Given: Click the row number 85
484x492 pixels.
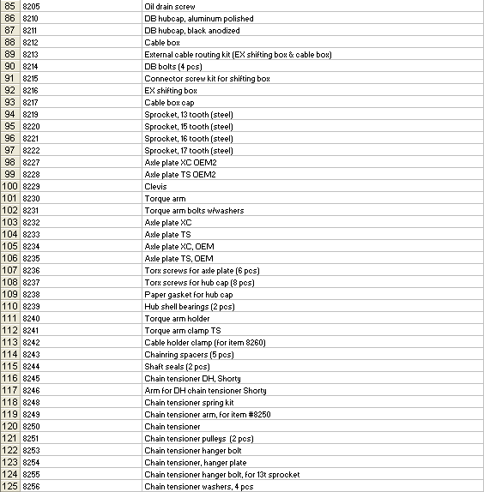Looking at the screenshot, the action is click(10, 6).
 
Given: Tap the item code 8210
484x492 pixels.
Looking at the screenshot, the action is click(31, 18).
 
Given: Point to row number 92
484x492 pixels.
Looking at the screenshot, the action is click(10, 90).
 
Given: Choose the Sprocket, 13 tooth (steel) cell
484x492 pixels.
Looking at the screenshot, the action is click(188, 114).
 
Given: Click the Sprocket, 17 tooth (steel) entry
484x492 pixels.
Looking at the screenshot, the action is click(188, 150).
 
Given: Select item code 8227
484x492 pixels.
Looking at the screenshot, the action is click(31, 162).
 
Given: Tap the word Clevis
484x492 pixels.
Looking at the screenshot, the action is click(155, 186).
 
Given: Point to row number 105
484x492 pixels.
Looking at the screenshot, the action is click(10, 246).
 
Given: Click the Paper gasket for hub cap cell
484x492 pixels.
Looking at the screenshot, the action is click(188, 294).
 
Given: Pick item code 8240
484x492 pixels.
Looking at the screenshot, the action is click(31, 318).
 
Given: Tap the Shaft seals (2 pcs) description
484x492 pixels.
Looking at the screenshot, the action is click(177, 366).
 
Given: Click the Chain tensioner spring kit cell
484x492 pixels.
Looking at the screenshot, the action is click(189, 402).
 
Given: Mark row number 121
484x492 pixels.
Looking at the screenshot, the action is click(10, 438).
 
